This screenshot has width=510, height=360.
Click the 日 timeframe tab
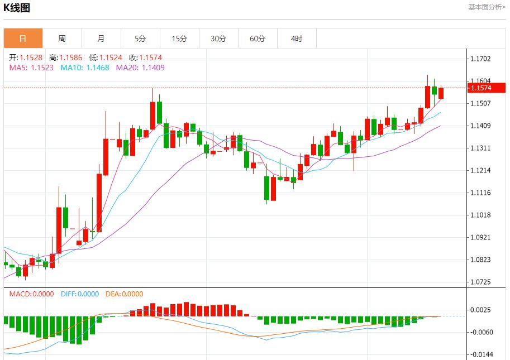[23, 39]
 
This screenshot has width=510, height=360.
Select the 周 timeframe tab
[62, 39]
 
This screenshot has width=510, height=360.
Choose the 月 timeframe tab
[101, 39]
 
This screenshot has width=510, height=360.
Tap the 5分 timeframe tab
[140, 39]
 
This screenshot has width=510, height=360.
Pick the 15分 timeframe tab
[179, 39]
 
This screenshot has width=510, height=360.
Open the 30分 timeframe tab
[218, 39]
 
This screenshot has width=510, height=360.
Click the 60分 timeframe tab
[258, 39]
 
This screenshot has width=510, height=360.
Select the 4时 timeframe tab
[297, 39]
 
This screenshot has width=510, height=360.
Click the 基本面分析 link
[487, 7]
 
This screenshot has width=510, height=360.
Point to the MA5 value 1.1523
[42, 68]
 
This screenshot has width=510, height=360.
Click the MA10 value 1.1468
[98, 68]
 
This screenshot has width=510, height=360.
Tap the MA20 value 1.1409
[153, 68]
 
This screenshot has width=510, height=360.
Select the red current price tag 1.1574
[487, 88]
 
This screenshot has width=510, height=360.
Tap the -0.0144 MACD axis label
[482, 354]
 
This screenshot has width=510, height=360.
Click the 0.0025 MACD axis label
[482, 310]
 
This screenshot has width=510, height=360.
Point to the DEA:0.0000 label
[124, 294]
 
